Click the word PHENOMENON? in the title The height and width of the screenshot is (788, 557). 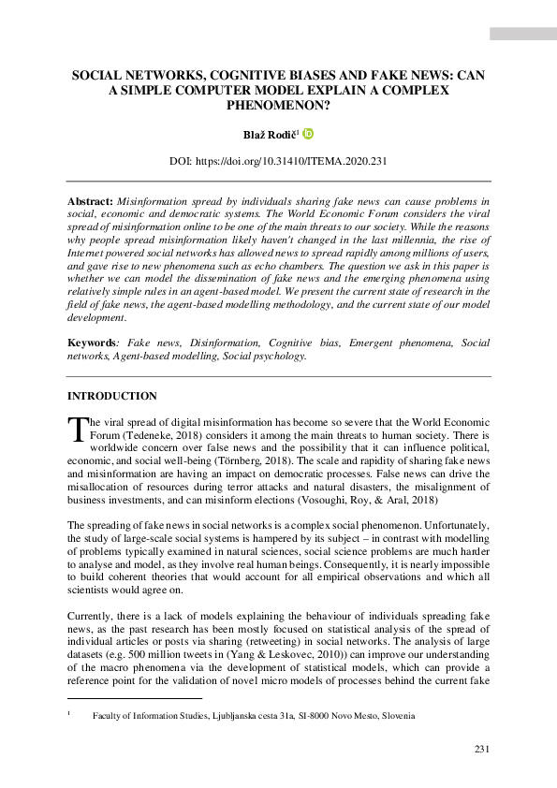(x=279, y=106)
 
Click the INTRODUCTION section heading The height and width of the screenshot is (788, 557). (x=112, y=396)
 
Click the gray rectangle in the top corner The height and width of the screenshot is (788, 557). (x=521, y=34)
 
